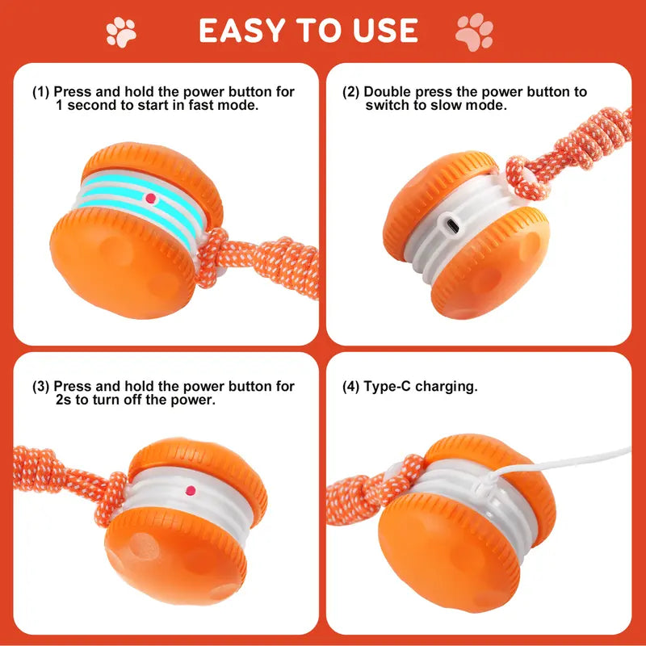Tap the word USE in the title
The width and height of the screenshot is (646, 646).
pos(381,31)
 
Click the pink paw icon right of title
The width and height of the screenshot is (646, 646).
pos(475,31)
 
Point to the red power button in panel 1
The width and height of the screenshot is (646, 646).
pos(149,197)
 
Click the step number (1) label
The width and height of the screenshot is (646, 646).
pos(41,92)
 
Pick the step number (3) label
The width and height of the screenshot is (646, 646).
pos(41,387)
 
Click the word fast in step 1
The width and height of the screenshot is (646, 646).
pos(195,106)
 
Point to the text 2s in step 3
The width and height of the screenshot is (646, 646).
pos(65,401)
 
